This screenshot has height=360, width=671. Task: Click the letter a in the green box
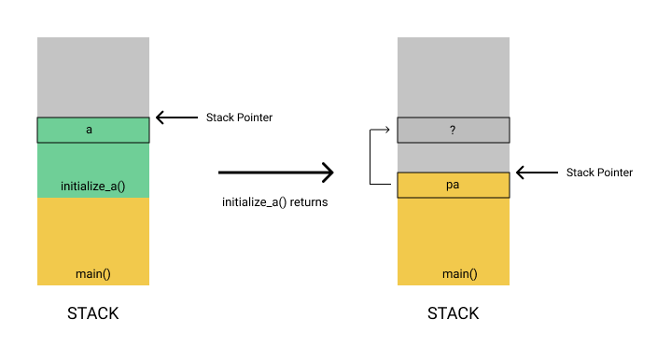(x=90, y=130)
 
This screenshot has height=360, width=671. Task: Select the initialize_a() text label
(x=92, y=186)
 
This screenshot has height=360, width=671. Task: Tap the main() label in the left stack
(x=93, y=273)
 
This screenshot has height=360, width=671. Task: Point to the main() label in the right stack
(x=459, y=273)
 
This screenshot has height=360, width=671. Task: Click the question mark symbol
(x=453, y=130)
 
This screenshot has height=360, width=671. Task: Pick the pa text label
(x=453, y=185)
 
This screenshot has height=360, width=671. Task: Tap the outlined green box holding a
(x=56, y=130)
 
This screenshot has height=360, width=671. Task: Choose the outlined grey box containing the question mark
(x=420, y=130)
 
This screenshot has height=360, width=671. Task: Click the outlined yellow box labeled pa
(x=420, y=185)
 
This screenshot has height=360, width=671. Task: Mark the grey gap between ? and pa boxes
(x=453, y=157)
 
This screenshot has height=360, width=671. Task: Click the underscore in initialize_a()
(x=106, y=189)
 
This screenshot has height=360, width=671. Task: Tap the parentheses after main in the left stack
(x=106, y=273)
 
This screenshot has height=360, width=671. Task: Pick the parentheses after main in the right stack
(x=473, y=273)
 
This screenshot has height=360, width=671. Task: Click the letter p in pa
(x=449, y=186)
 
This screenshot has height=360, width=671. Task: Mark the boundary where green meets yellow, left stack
(x=93, y=198)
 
